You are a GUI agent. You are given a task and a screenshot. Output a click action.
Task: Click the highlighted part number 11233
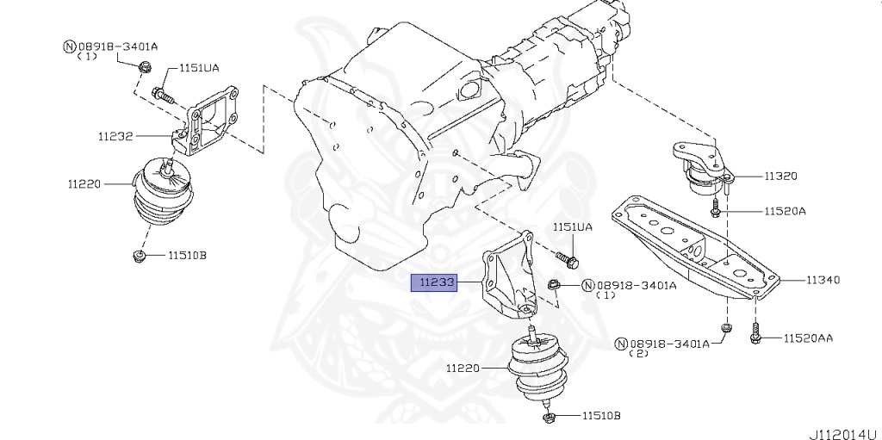pyautogui.click(x=434, y=282)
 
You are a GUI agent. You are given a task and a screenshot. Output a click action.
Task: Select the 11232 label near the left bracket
pyautogui.click(x=115, y=136)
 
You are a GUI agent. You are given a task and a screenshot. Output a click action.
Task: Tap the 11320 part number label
pyautogui.click(x=780, y=176)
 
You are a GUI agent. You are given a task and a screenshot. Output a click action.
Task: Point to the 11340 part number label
pyautogui.click(x=823, y=280)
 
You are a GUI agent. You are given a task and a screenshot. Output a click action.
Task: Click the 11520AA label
pyautogui.click(x=808, y=339)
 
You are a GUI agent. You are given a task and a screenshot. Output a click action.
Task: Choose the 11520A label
pyautogui.click(x=782, y=210)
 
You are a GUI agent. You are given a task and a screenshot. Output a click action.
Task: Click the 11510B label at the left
pyautogui.click(x=187, y=255)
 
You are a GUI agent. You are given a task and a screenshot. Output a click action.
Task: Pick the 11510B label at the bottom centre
pyautogui.click(x=600, y=416)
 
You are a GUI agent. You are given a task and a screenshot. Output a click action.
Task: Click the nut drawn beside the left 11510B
pyautogui.click(x=138, y=255)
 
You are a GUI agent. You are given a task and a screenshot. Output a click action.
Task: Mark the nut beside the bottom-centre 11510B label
pyautogui.click(x=549, y=418)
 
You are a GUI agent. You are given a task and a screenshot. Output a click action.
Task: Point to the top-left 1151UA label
pyautogui.click(x=198, y=67)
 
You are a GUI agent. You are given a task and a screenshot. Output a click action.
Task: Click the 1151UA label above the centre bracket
pyautogui.click(x=572, y=227)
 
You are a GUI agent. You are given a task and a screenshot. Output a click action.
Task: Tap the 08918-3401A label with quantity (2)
pyautogui.click(x=668, y=343)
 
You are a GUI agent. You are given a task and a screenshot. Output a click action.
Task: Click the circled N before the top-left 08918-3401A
pyautogui.click(x=68, y=46)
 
